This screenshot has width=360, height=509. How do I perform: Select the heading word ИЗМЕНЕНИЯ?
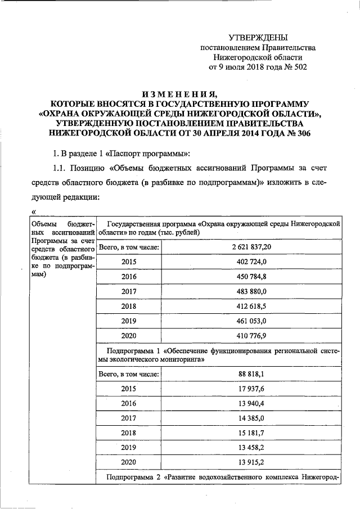tap(179, 94)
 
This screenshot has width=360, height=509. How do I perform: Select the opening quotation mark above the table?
tap(33, 212)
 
